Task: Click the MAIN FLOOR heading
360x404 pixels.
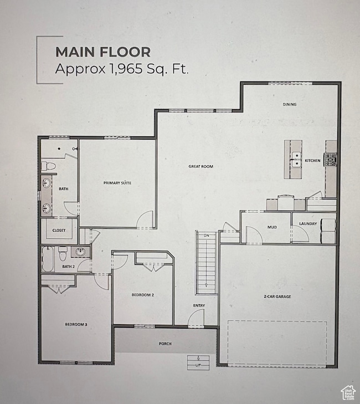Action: [102, 52]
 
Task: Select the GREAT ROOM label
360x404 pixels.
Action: [200, 166]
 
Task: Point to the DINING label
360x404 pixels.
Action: [289, 104]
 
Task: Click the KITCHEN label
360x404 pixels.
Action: [312, 161]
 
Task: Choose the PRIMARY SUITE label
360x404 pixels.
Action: [117, 182]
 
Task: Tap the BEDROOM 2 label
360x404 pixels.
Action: [142, 295]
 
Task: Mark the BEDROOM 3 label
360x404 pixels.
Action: [76, 324]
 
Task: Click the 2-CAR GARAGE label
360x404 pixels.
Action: [277, 296]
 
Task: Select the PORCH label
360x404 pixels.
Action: [164, 344]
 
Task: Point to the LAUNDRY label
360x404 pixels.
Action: [308, 224]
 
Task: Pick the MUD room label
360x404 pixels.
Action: [272, 227]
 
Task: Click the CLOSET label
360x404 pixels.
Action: [59, 230]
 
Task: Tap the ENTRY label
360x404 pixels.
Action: [199, 305]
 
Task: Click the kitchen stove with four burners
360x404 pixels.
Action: [331, 160]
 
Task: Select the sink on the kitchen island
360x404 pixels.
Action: [296, 160]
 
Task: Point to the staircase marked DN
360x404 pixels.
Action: [207, 263]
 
